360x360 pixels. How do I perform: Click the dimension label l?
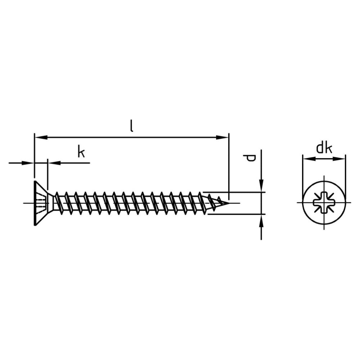(131, 126)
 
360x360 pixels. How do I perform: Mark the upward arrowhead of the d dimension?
(261, 220)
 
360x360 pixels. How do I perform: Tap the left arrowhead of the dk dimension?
(309, 159)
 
